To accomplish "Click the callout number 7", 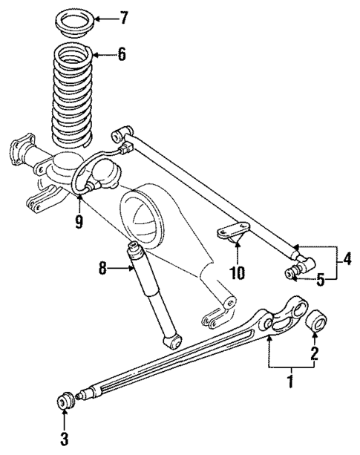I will [124, 16].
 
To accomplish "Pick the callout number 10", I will [237, 272].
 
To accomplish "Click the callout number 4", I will [347, 260].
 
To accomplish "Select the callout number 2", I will [314, 353].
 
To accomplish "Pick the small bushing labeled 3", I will [65, 402].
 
